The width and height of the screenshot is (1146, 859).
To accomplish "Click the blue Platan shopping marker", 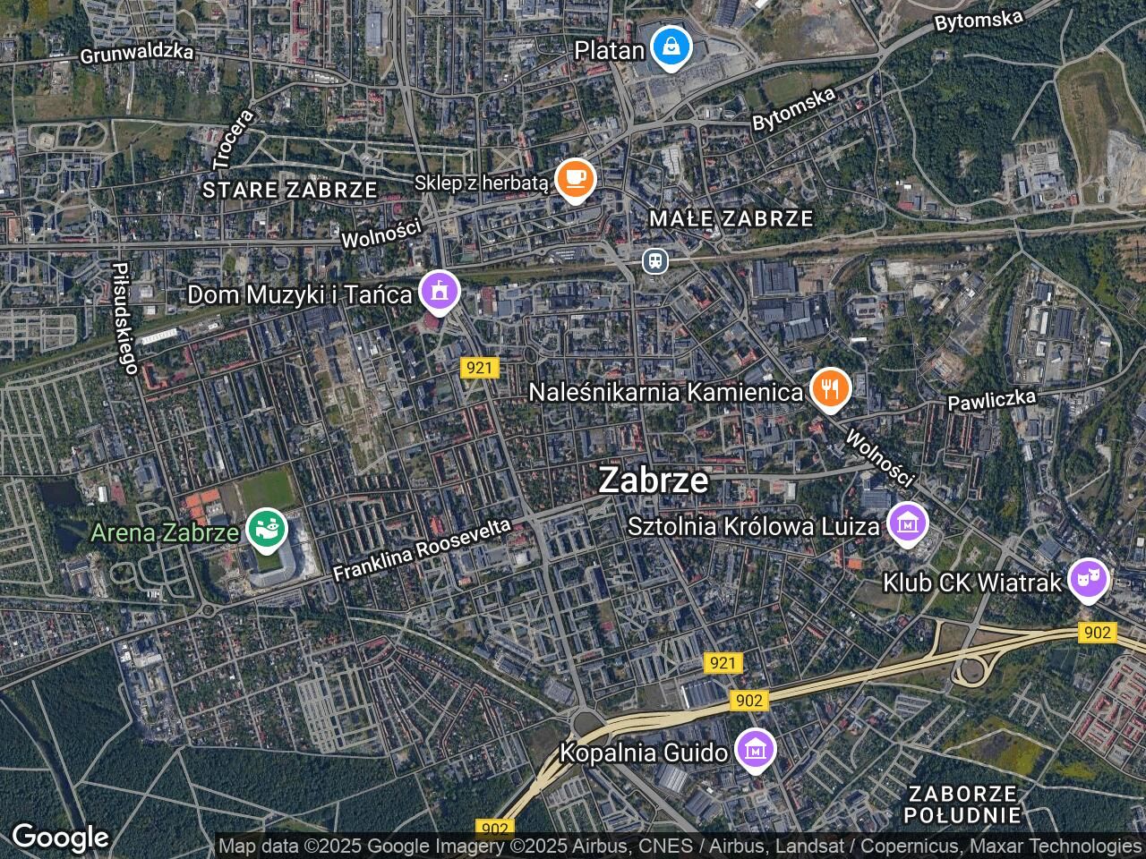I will coord(670,48).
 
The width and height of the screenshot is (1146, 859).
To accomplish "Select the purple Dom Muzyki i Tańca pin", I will coord(439,292).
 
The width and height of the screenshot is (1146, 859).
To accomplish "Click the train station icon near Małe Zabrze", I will coord(655,260).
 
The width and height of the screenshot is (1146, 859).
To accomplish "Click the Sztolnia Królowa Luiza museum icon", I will coord(908,524).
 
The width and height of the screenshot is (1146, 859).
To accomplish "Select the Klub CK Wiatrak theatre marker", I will coord(1088,581).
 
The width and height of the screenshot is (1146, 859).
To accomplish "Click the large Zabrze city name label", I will coord(653,481).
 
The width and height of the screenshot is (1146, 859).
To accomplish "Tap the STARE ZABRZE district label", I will coord(289,190).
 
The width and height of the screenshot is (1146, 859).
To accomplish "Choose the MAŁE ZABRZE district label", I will coord(731,218).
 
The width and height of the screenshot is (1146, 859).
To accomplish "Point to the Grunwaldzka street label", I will coord(136,53).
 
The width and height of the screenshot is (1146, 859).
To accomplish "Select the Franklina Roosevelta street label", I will coord(422,550).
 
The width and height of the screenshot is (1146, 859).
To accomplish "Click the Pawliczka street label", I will coord(992,399).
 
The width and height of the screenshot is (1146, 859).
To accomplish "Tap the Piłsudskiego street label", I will coord(124,318).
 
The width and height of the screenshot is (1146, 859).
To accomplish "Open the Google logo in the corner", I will coord(60,838).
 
